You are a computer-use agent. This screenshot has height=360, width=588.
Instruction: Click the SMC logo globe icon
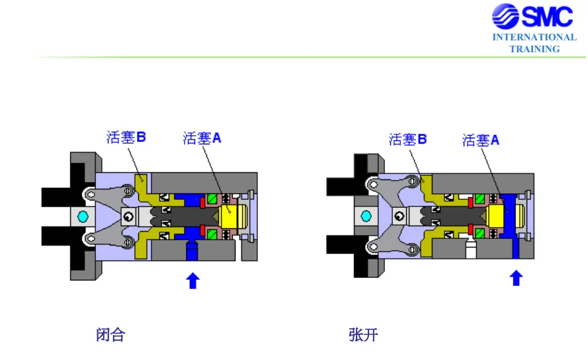point(505,16)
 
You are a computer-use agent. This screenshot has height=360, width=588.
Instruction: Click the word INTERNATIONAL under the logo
point(534,37)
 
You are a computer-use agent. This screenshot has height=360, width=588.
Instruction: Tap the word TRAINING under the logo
point(534,49)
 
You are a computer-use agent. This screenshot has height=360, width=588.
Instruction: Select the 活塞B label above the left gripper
point(126,137)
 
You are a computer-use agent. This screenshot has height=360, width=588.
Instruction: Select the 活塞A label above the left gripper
point(202,138)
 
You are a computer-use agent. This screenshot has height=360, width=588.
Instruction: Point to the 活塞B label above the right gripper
point(407,139)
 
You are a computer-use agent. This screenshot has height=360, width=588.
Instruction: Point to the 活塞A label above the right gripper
point(481,140)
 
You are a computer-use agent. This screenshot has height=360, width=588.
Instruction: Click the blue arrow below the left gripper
point(192,281)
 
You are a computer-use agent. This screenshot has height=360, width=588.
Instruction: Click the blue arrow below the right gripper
point(516,278)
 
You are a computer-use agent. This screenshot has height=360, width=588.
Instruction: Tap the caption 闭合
point(110,334)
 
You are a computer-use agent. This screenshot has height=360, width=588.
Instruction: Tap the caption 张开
point(363,334)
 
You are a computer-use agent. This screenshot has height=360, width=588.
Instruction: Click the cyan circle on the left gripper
point(83,216)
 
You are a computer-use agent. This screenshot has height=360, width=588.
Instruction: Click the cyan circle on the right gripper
point(366,216)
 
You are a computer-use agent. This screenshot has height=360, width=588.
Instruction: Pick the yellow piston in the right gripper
point(496,216)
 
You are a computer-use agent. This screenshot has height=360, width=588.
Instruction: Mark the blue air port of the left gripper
point(192,249)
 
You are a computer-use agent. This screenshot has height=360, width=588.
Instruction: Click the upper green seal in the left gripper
point(212,199)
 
